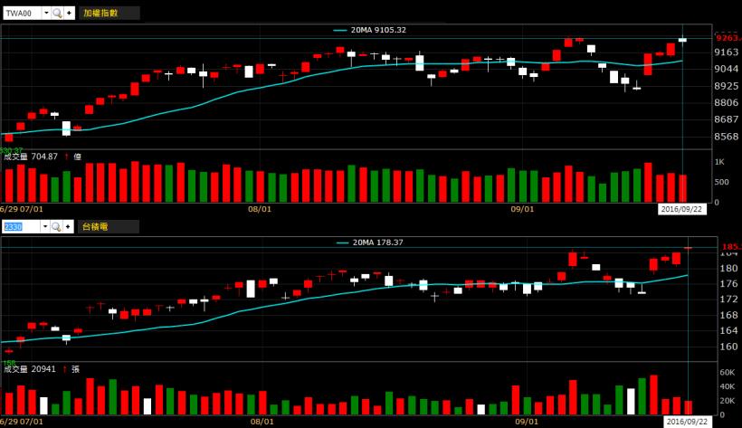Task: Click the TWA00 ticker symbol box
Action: pyautogui.click(x=20, y=14)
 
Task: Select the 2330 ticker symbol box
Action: pyautogui.click(x=20, y=226)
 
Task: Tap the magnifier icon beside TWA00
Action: pyautogui.click(x=57, y=14)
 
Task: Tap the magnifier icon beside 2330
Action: pyautogui.click(x=57, y=226)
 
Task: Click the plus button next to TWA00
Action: pyautogui.click(x=69, y=14)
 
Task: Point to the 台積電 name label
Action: pyautogui.click(x=93, y=226)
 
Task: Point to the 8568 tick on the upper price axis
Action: pyautogui.click(x=727, y=137)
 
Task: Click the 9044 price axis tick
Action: pyautogui.click(x=727, y=69)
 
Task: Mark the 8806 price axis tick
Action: pyautogui.click(x=727, y=103)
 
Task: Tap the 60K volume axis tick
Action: pyautogui.click(x=727, y=372)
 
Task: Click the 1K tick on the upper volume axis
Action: pyautogui.click(x=720, y=161)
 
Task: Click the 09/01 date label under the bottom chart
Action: pyautogui.click(x=523, y=421)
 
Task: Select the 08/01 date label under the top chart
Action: pyautogui.click(x=260, y=208)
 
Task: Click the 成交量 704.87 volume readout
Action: pyautogui.click(x=31, y=157)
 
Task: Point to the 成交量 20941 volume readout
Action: pyautogui.click(x=31, y=369)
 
